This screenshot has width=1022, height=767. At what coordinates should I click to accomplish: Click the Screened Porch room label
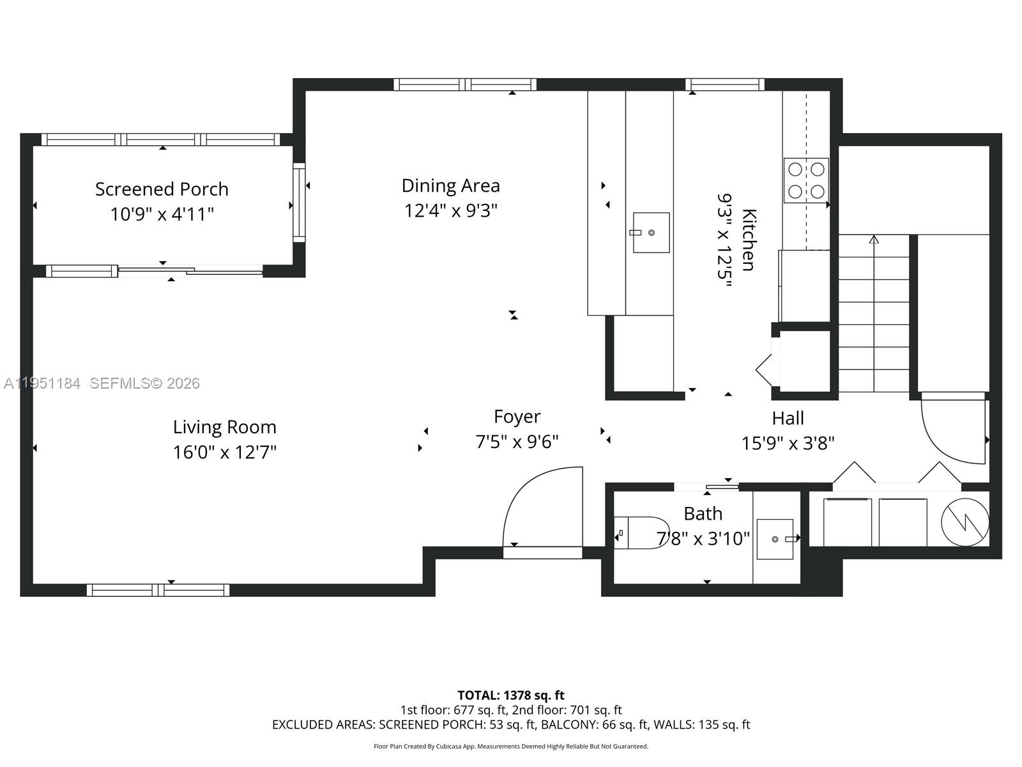pos(162,189)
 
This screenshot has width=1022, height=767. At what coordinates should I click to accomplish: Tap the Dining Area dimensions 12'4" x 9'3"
pos(450,210)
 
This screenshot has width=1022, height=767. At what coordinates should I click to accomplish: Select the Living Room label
pos(224,427)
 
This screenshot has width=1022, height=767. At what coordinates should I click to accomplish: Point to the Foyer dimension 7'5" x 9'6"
pos(517,442)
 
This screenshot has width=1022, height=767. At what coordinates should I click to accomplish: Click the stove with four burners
pos(806,180)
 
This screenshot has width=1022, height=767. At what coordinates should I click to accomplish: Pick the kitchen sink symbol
pos(651,233)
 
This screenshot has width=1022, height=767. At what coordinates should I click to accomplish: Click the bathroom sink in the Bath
pos(775,539)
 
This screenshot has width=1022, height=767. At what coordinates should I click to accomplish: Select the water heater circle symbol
pos(965,522)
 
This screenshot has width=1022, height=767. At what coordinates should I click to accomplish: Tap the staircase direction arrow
pos(874,240)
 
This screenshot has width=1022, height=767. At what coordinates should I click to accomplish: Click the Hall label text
pos(788,419)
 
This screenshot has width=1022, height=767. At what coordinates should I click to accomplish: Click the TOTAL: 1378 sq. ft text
pos(511,695)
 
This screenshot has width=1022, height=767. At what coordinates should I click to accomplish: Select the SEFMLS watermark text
pos(144,383)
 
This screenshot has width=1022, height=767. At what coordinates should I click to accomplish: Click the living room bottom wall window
pos(158,590)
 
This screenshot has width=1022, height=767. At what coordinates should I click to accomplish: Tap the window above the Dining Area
pos(464,84)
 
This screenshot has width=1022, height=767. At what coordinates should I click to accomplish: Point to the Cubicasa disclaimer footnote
pos(511,746)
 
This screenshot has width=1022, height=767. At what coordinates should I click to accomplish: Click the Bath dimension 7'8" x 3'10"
pos(703,539)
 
